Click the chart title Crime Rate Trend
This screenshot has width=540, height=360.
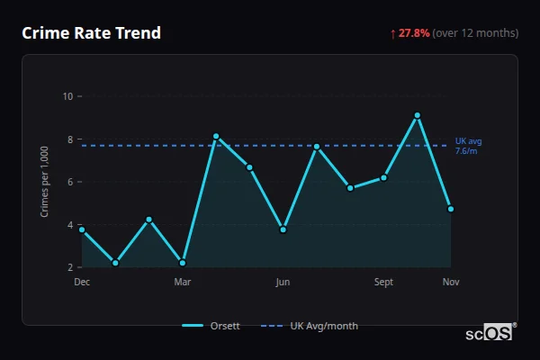click(91, 33)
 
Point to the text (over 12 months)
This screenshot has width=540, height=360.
click(475, 33)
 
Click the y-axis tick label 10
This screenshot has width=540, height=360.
click(67, 96)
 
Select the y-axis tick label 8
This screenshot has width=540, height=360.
click(70, 139)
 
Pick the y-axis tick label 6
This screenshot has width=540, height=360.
click(70, 182)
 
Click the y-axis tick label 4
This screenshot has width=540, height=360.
click(70, 225)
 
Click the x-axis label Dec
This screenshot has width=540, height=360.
click(82, 283)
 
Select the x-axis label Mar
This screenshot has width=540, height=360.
click(183, 283)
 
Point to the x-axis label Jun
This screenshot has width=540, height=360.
click(283, 283)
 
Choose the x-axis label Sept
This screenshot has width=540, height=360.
click(383, 283)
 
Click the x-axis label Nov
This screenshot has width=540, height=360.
click(451, 283)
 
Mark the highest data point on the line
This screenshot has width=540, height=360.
click(418, 115)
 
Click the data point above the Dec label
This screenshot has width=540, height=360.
click(82, 229)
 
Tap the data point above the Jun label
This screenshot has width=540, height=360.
click(283, 229)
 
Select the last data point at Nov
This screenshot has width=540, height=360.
click(451, 209)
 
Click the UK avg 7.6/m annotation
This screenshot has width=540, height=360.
click(467, 146)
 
